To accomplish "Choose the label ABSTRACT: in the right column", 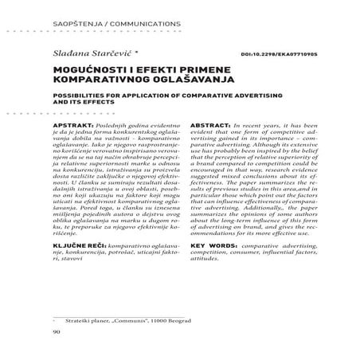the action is (x=213, y=126).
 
